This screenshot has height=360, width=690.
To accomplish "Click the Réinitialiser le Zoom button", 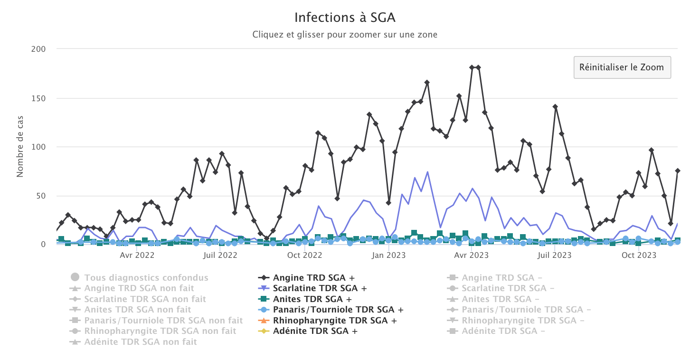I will point(622,67).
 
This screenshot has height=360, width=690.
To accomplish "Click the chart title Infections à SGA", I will point(345,18).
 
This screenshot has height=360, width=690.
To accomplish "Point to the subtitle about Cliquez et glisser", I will point(345,35).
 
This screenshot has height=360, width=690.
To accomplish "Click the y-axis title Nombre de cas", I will point(20,147).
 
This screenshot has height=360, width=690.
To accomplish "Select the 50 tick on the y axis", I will point(40,196).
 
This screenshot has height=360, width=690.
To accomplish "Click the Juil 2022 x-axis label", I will point(220,256).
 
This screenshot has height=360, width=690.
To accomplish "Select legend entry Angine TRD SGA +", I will point(313,277).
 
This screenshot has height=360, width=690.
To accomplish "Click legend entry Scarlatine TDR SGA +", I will point(320,288).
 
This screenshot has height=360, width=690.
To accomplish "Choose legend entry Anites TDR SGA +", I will point(312,299).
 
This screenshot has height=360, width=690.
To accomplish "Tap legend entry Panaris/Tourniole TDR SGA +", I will point(338,310).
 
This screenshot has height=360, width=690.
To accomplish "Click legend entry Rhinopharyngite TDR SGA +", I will point(335,321).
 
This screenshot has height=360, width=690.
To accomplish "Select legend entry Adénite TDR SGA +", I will point(315,331).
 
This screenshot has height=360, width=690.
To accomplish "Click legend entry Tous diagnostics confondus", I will point(146,277).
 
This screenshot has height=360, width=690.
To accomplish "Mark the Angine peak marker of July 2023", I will point(555,107).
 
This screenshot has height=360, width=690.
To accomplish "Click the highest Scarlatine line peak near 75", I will point(427,172).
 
